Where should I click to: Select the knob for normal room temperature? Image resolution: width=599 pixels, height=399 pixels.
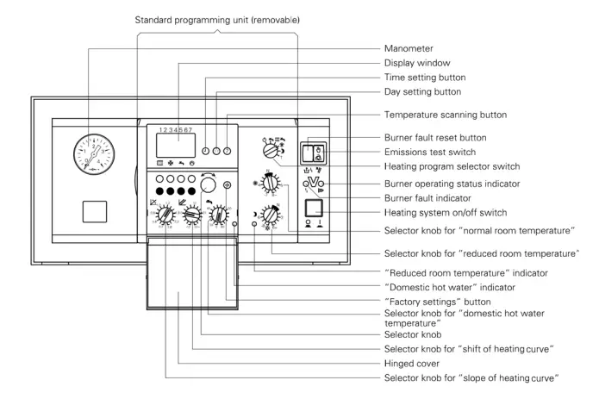[x=270, y=184]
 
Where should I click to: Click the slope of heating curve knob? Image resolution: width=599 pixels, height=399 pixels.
[x=160, y=214]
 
